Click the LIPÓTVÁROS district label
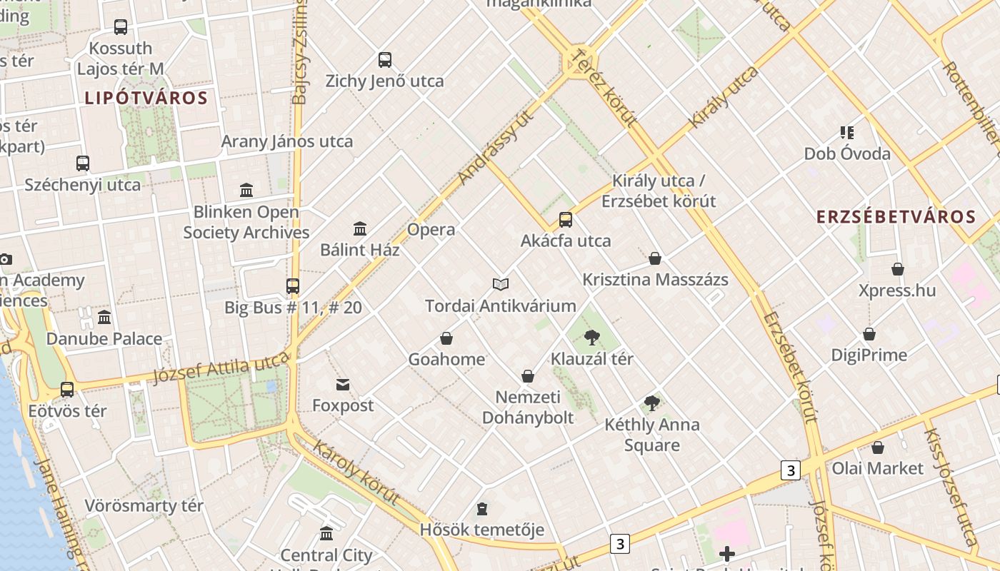[x=146, y=98]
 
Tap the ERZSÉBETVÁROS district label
[x=896, y=217]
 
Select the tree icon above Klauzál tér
[x=591, y=338]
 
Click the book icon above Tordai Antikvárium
[x=501, y=285]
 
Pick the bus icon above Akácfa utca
[x=566, y=219]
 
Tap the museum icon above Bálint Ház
[x=360, y=229]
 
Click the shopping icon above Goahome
[x=446, y=338]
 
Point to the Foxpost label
[x=343, y=405]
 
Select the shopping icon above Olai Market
[x=877, y=448]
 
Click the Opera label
[x=431, y=230]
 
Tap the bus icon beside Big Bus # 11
[x=293, y=286]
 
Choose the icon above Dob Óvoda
[x=847, y=132]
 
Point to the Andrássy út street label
[x=496, y=146]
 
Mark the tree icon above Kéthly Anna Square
[x=651, y=403]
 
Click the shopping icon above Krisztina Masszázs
[x=655, y=258]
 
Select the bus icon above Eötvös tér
[x=67, y=390]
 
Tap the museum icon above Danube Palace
[x=104, y=317]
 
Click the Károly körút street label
[x=355, y=474]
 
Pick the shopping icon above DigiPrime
[x=869, y=334]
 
